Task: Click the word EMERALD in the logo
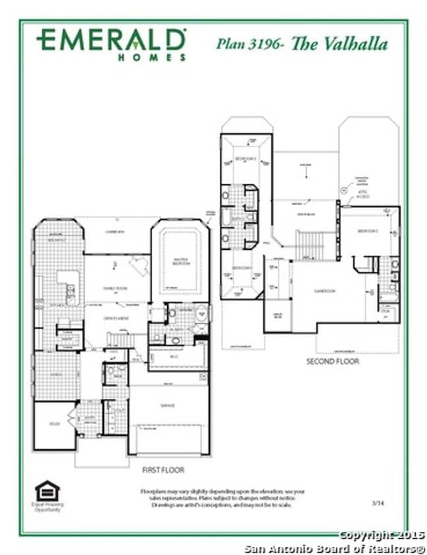[111, 40]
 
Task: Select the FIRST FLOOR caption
[163, 470]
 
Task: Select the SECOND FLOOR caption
[333, 362]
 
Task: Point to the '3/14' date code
[378, 503]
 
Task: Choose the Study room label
[54, 424]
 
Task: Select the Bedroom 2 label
[366, 231]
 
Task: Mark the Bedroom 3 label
[246, 158]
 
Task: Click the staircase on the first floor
[119, 339]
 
